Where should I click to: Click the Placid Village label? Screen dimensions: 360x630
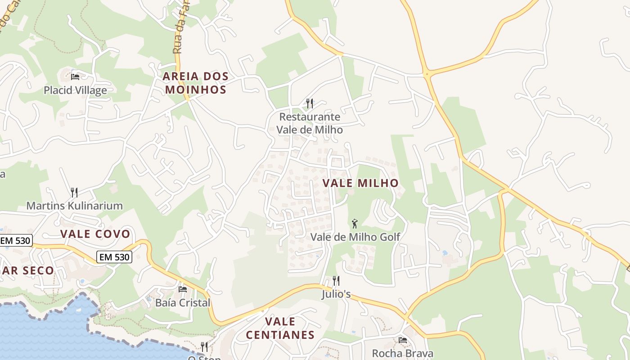pos(75,90)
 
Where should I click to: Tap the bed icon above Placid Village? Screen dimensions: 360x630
pos(75,77)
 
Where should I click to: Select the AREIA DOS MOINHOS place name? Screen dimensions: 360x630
pos(195,83)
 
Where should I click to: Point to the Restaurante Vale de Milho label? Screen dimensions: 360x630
pos(310,123)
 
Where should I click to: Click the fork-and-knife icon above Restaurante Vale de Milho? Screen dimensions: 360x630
pos(310,103)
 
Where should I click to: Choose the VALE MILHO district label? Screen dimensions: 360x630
pos(360,183)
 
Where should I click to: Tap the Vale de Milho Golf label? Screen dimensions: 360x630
pos(355,237)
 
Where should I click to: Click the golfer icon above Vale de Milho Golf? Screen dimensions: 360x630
pos(355,223)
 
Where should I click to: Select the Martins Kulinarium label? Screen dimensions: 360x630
pos(74,206)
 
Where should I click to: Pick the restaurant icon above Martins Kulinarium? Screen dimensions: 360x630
pos(74,193)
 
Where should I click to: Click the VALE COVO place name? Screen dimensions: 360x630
pos(95,234)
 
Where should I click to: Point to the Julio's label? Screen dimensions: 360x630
pos(336,295)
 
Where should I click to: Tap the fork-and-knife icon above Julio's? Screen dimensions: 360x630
pos(336,281)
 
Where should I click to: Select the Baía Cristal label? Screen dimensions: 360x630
pos(182,302)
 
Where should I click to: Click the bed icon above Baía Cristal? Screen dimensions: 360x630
pos(182,289)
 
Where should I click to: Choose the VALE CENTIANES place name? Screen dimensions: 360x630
pos(280,328)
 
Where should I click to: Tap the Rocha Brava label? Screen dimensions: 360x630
pos(403,353)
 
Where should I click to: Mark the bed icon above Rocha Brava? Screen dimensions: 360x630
pos(403,340)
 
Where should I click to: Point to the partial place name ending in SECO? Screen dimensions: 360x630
pos(27,270)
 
